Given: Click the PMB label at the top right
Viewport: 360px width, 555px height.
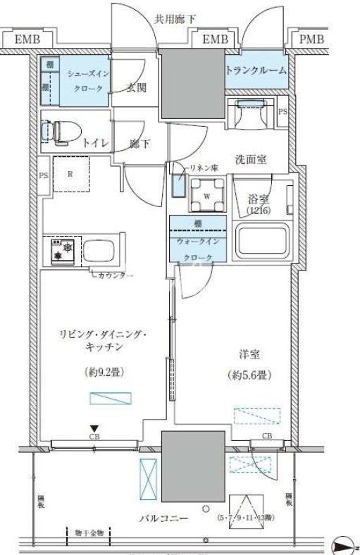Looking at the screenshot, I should pyautogui.click(x=311, y=39).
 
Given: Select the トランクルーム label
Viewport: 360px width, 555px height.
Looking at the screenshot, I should pyautogui.click(x=256, y=70).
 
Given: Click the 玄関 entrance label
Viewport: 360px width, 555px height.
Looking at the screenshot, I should pyautogui.click(x=136, y=88).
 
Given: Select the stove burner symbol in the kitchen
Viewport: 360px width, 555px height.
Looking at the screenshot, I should pyautogui.click(x=60, y=251).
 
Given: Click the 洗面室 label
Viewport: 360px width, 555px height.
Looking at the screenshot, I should pyautogui.click(x=251, y=159).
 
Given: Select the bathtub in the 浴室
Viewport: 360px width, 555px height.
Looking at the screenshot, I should pyautogui.click(x=262, y=241).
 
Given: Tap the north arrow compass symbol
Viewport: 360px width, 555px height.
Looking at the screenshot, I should pyautogui.click(x=343, y=544).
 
